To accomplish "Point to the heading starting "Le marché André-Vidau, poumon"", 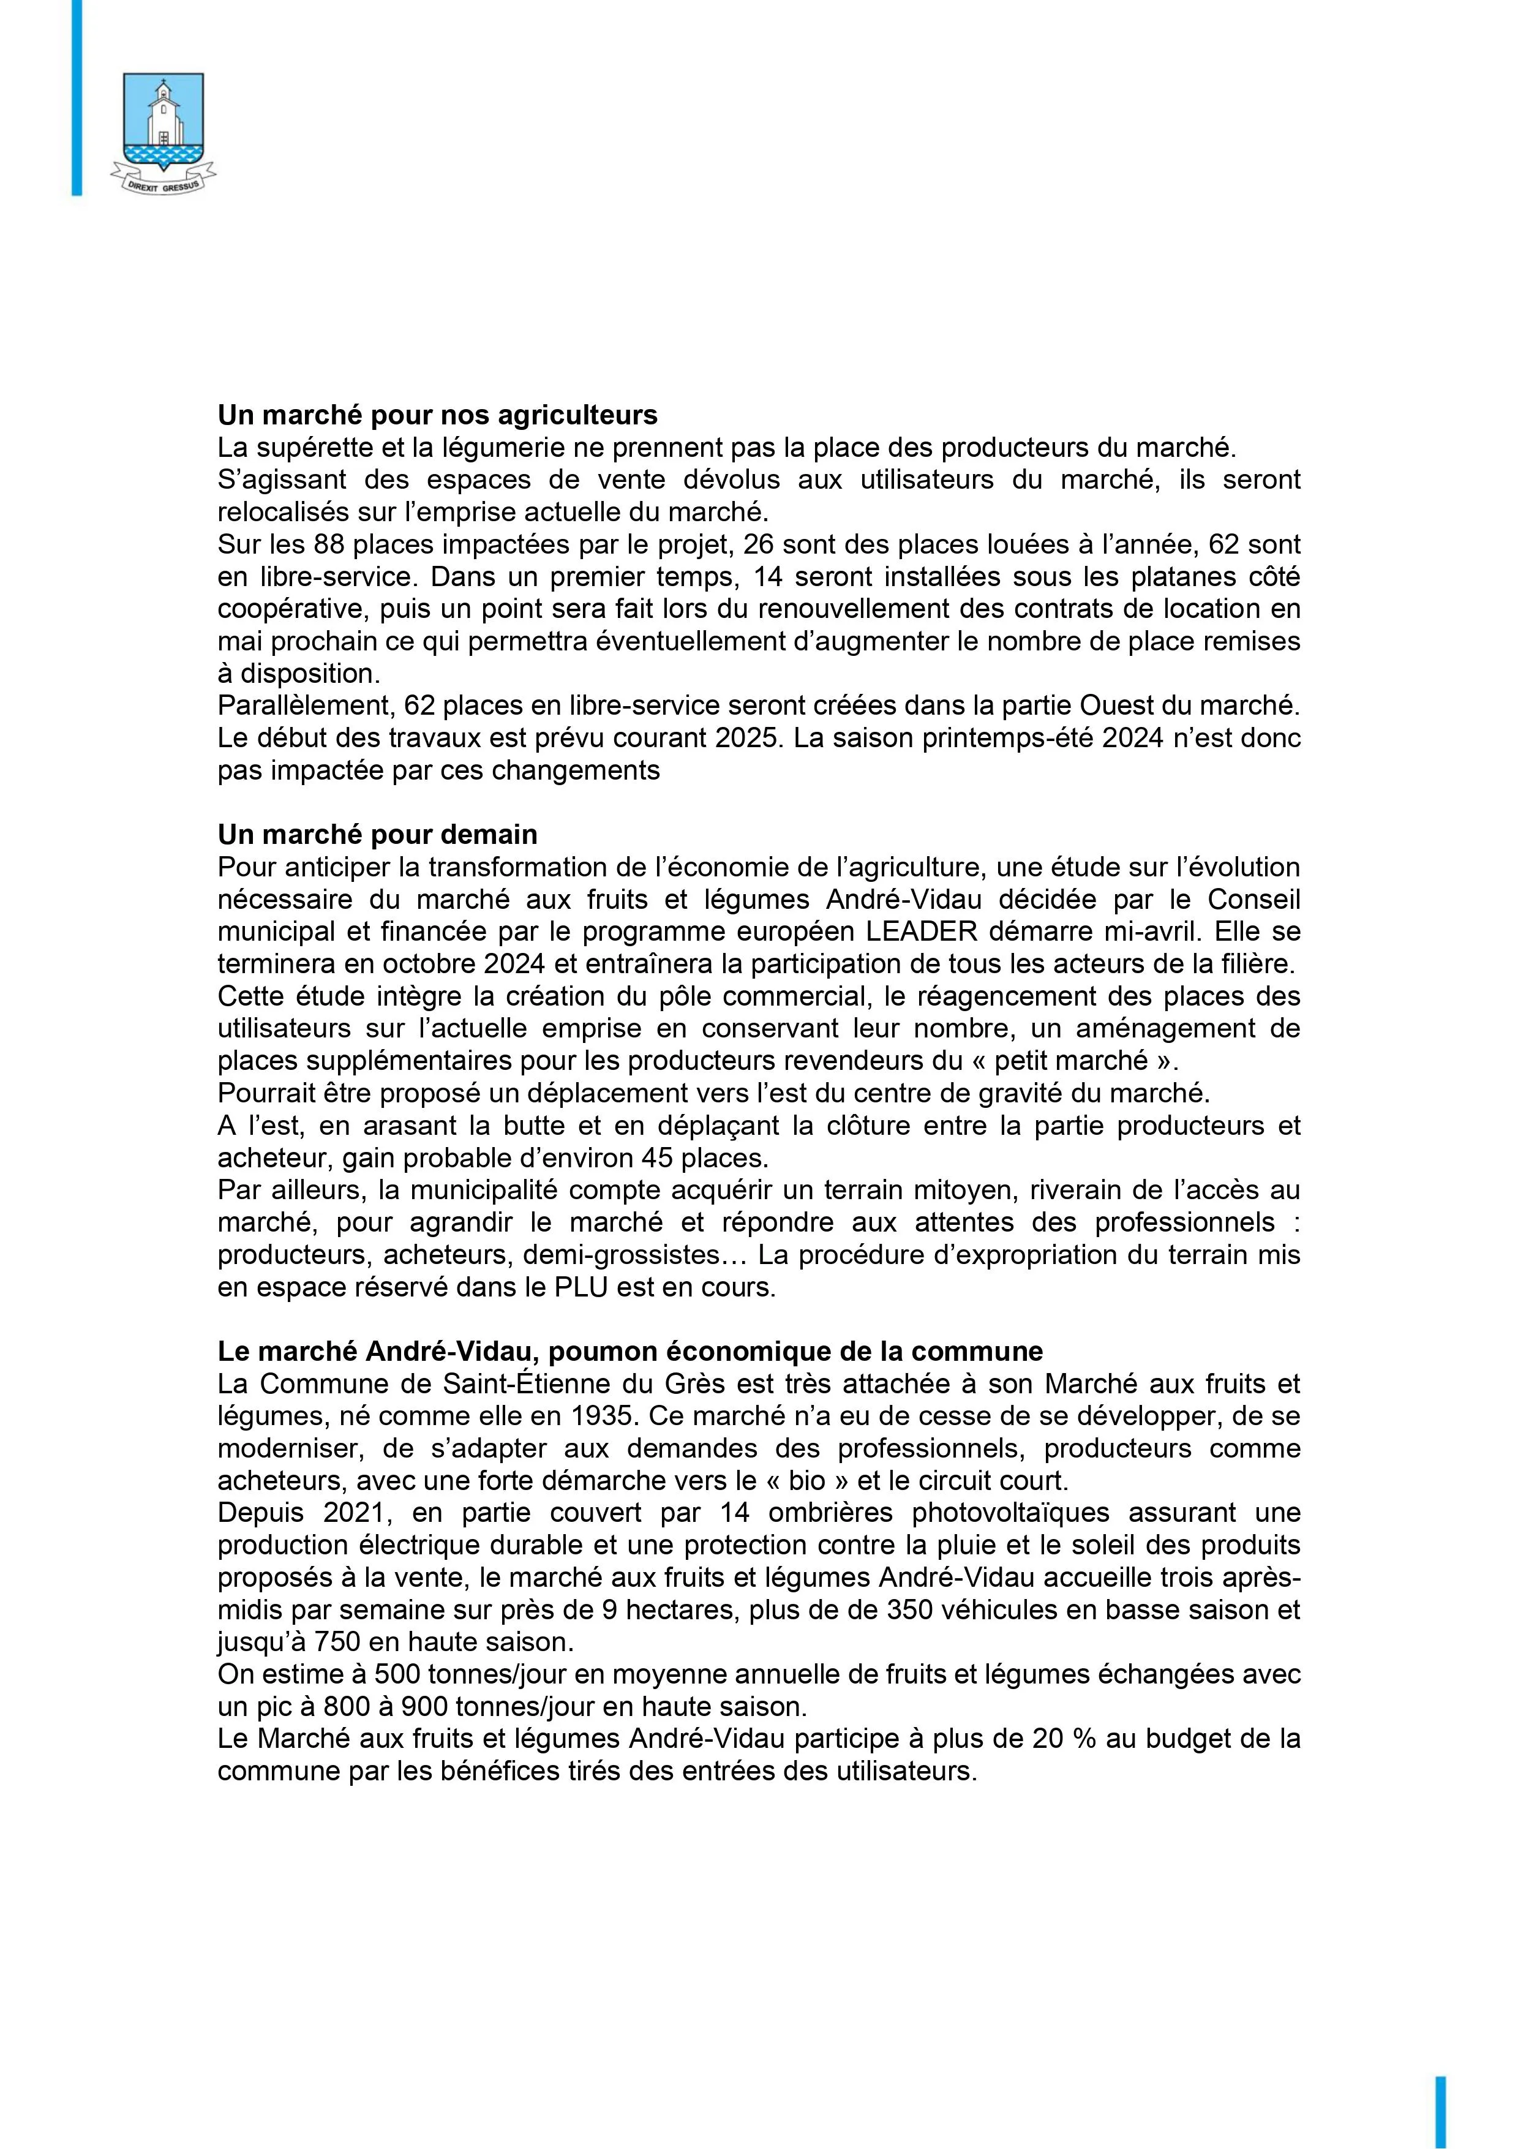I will click(x=630, y=1352).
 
